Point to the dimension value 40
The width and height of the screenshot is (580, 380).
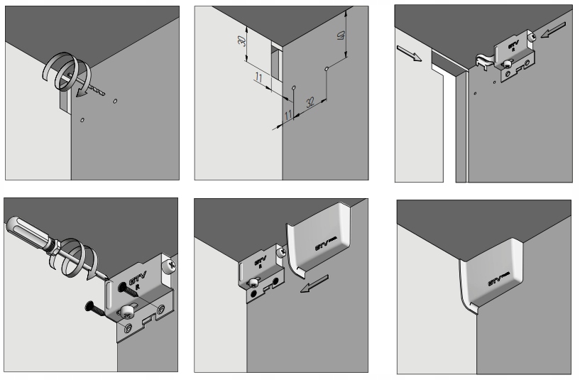(343, 36)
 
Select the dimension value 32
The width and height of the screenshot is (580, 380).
(310, 103)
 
